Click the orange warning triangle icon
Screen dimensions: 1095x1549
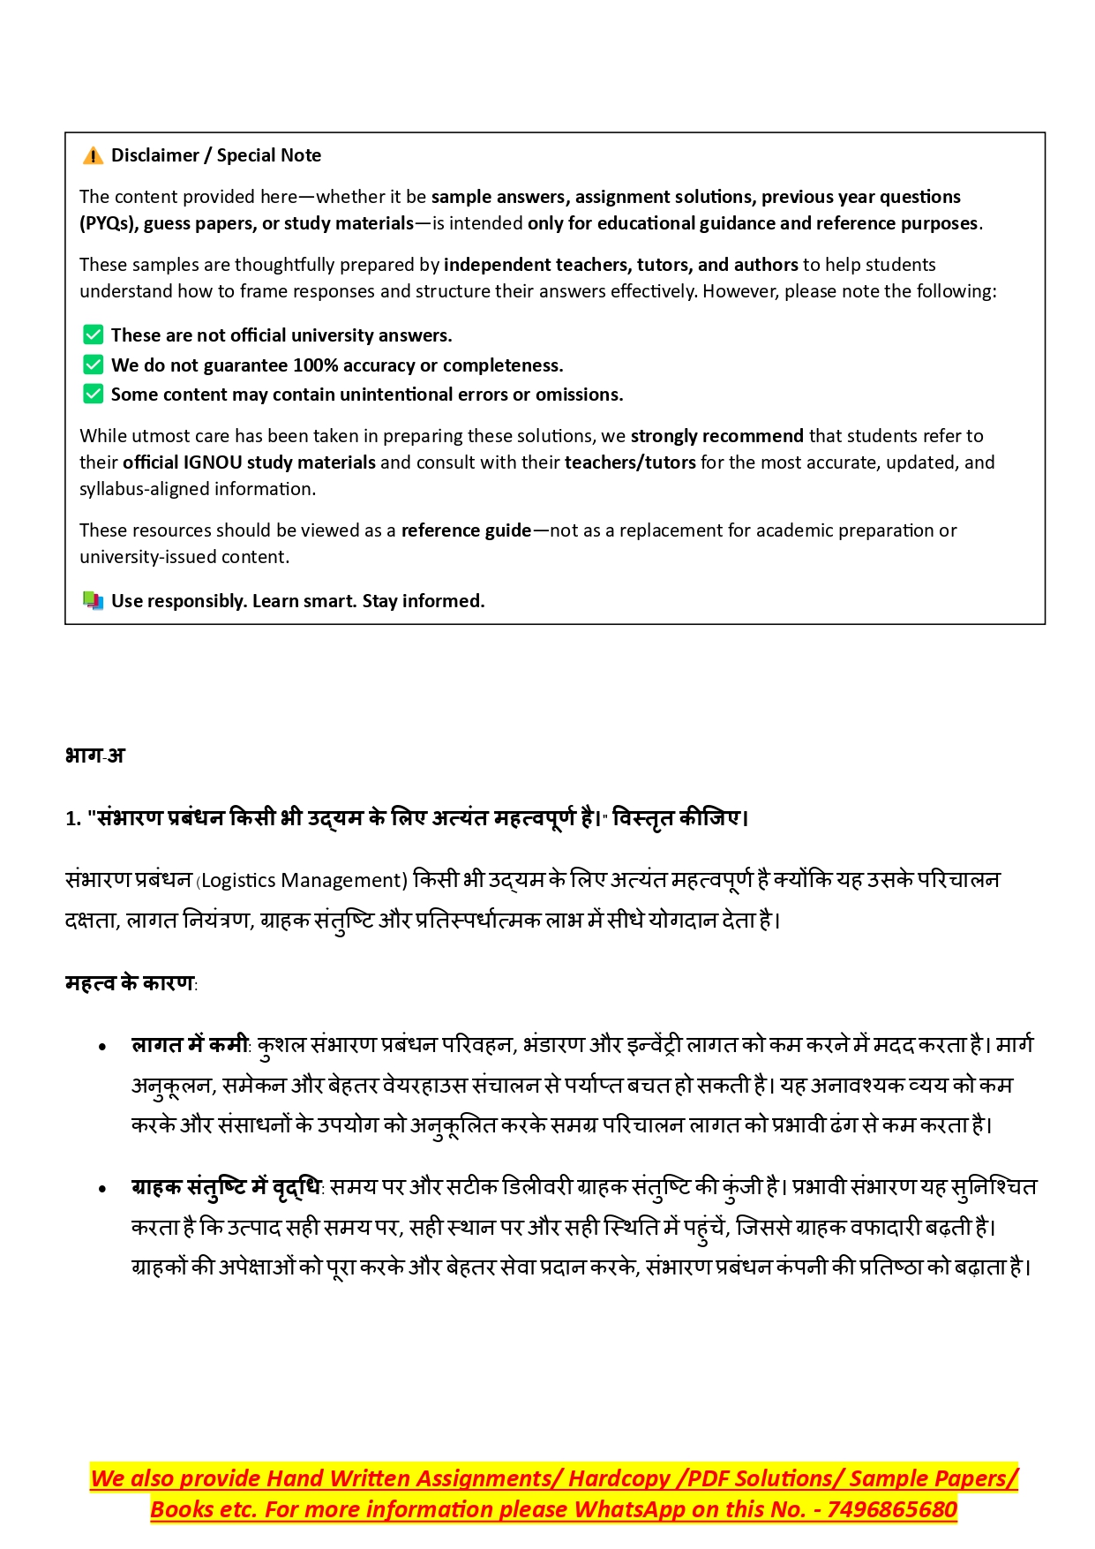pyautogui.click(x=93, y=156)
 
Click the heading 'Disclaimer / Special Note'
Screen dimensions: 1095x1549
pyautogui.click(x=216, y=155)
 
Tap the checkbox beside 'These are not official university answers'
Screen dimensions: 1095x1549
pyautogui.click(x=93, y=335)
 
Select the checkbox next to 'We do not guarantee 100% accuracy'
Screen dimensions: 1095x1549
pyautogui.click(x=93, y=365)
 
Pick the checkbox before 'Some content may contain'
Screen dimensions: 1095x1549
pyautogui.click(x=93, y=394)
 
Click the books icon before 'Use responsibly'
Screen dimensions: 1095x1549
pyautogui.click(x=93, y=601)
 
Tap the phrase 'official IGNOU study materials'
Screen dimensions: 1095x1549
pyautogui.click(x=250, y=462)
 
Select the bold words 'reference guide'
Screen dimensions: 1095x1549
pyautogui.click(x=466, y=530)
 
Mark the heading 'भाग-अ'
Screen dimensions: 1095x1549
pyautogui.click(x=94, y=756)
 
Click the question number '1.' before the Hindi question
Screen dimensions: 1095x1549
pyautogui.click(x=73, y=819)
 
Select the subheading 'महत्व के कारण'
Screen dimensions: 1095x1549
pyautogui.click(x=130, y=983)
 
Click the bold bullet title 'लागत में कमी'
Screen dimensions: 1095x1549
pyautogui.click(x=190, y=1045)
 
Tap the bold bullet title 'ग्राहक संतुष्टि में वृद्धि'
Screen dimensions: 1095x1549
pyautogui.click(x=227, y=1188)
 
